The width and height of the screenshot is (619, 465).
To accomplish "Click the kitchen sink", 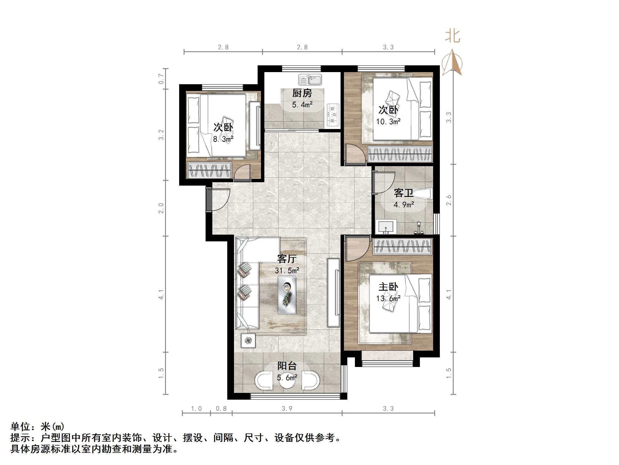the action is click(x=310, y=80).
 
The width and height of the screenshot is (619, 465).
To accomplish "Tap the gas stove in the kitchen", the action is click(x=333, y=115).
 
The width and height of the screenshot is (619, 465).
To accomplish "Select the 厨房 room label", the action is click(x=302, y=93).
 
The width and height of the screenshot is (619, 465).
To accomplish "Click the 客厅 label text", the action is click(x=287, y=259).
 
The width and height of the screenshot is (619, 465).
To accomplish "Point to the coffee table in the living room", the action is click(x=287, y=295).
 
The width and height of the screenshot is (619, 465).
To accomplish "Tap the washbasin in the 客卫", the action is click(x=386, y=227).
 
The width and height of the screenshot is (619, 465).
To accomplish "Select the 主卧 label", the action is click(x=388, y=287).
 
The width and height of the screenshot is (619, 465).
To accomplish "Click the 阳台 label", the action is click(x=287, y=366).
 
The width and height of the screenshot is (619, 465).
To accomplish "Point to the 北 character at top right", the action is click(x=453, y=36).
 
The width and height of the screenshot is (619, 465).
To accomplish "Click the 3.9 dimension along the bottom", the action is click(x=287, y=408).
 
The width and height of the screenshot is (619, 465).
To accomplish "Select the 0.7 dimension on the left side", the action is click(x=161, y=79).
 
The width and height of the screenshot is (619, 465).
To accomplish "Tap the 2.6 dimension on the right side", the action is click(x=449, y=200).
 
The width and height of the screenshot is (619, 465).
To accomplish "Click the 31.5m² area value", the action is click(x=287, y=270).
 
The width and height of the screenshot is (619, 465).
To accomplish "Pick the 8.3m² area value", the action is click(x=223, y=139).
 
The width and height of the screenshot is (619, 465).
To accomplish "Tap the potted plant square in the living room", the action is click(x=248, y=341).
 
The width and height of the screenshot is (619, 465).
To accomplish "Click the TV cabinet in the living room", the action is click(x=334, y=292).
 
